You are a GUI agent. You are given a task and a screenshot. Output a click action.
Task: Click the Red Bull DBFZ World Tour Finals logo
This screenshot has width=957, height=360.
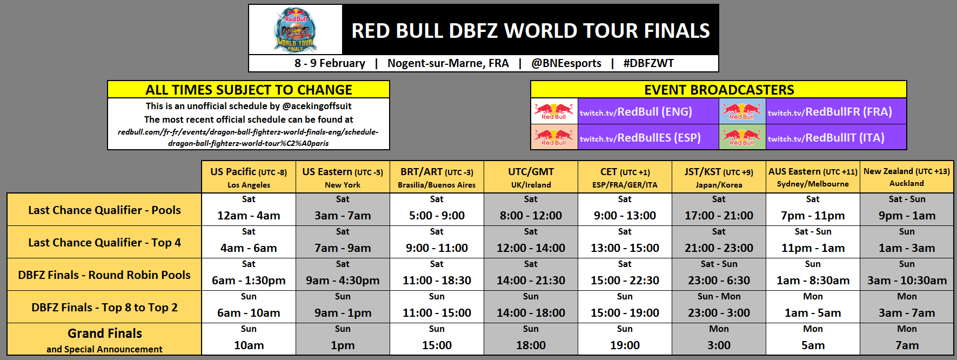tap(295, 30)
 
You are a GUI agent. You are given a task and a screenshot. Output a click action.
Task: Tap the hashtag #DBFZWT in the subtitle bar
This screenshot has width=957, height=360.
tap(648, 63)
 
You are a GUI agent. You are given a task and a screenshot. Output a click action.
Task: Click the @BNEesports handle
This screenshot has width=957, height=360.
tap(566, 63)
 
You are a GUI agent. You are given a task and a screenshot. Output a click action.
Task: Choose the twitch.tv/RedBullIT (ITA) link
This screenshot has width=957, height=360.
tap(826, 138)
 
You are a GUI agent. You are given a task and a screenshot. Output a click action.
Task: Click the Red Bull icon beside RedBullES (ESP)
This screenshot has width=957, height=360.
tap(554, 137)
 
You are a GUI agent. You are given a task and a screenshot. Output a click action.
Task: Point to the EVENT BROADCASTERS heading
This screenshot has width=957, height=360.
tap(719, 90)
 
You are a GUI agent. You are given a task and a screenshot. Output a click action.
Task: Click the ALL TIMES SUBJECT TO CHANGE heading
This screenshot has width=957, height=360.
tap(249, 90)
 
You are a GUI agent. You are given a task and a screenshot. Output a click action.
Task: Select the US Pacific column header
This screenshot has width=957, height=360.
tap(249, 177)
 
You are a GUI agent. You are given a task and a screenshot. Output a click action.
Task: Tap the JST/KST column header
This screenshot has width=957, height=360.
tap(719, 177)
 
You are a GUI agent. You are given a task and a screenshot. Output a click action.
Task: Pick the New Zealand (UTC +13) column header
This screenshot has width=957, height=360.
tap(906, 177)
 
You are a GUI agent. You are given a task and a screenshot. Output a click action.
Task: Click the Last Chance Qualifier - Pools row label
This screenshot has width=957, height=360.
tap(104, 210)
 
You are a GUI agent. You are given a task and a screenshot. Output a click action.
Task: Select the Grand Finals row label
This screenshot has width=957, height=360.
tap(104, 339)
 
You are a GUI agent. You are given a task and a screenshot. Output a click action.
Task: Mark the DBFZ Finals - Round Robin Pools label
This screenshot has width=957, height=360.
tap(104, 275)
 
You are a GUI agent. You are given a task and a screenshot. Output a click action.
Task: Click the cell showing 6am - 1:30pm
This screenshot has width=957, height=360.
tap(249, 275)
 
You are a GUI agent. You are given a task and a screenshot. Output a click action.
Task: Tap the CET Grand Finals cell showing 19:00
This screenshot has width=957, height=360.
tap(625, 339)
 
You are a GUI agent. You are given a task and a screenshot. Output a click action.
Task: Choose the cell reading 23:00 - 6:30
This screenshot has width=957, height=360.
tap(719, 275)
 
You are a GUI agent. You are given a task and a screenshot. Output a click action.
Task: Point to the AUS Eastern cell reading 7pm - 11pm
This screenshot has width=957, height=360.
tap(813, 210)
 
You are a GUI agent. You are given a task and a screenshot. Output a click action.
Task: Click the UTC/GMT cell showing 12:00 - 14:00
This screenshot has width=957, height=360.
tap(531, 242)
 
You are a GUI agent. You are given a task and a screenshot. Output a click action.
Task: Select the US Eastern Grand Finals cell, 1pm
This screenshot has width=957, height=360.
tap(343, 339)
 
